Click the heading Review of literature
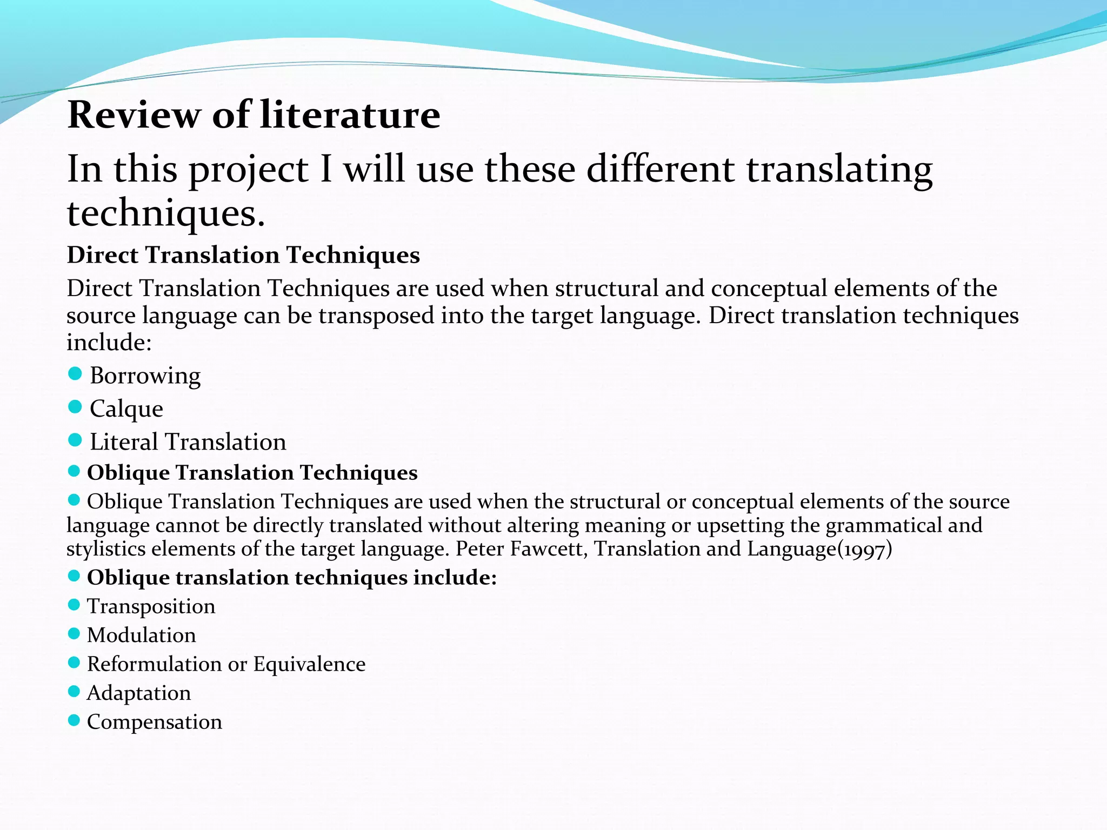(254, 115)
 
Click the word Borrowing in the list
(145, 376)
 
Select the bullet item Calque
(126, 409)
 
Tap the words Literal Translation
(188, 442)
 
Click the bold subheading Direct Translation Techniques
(243, 255)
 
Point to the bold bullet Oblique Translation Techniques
(252, 473)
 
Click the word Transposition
(151, 606)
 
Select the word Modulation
(141, 635)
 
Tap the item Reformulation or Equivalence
(226, 664)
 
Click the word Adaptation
(139, 693)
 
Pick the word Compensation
(154, 722)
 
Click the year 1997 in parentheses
(865, 550)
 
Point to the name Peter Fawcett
(521, 549)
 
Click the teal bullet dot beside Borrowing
(75, 373)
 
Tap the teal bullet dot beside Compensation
(74, 720)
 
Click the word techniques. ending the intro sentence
(166, 213)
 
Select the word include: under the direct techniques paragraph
(109, 343)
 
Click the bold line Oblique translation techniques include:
(291, 578)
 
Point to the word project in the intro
(248, 170)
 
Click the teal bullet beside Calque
(75, 406)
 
